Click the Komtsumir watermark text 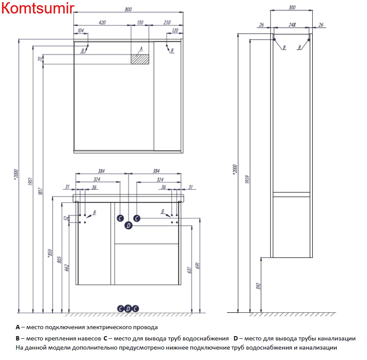pos(37,9)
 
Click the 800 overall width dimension pos(128,10)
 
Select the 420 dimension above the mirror pos(103,22)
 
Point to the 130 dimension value pos(140,22)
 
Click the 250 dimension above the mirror pos(167,22)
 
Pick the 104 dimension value pos(80,30)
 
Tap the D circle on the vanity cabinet pos(128,225)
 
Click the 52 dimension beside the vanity pos(66,219)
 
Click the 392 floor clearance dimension pos(258,285)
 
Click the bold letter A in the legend pos(18,327)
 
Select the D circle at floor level pos(128,308)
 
